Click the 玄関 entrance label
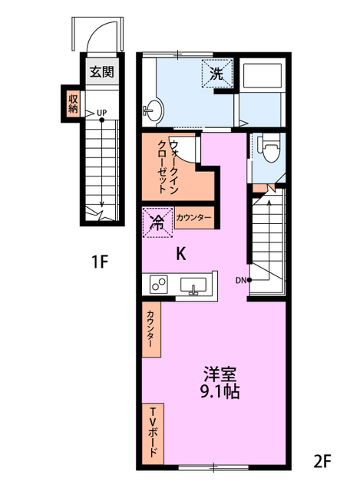pyautogui.click(x=101, y=73)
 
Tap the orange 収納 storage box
pyautogui.click(x=74, y=103)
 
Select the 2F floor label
pyautogui.click(x=322, y=462)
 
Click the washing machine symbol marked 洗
pyautogui.click(x=216, y=75)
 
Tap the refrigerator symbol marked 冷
pyautogui.click(x=157, y=223)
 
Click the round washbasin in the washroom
pyautogui.click(x=154, y=110)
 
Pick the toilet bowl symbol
pyautogui.click(x=266, y=146)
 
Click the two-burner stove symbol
pyautogui.click(x=160, y=285)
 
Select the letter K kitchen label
pyautogui.click(x=181, y=255)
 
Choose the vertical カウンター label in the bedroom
pyautogui.click(x=150, y=331)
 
